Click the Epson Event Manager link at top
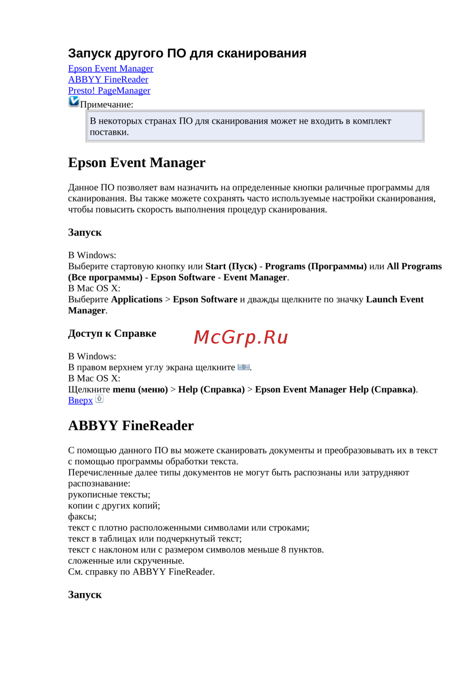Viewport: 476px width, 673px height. click(110, 69)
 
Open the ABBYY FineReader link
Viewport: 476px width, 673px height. click(108, 79)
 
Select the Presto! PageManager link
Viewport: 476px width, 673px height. click(109, 90)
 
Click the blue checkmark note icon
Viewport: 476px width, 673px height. click(74, 101)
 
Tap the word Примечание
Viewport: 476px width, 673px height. click(107, 105)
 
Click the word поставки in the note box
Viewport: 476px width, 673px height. click(109, 132)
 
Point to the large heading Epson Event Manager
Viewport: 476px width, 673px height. click(137, 163)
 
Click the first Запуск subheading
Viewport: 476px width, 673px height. click(85, 233)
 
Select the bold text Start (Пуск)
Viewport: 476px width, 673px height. click(231, 267)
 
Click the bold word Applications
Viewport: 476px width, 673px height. click(137, 299)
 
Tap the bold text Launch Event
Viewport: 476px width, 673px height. click(395, 299)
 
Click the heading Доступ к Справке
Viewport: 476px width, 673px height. click(112, 334)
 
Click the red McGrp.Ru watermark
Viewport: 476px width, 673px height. click(241, 337)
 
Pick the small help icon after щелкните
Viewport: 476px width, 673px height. click(243, 367)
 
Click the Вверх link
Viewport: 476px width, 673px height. click(80, 400)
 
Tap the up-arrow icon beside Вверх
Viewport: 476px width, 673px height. click(99, 399)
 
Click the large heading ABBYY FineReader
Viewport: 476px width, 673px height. click(131, 426)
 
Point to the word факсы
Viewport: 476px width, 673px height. click(82, 517)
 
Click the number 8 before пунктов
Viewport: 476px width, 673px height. click(283, 550)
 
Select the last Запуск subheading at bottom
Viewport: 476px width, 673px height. click(85, 595)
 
